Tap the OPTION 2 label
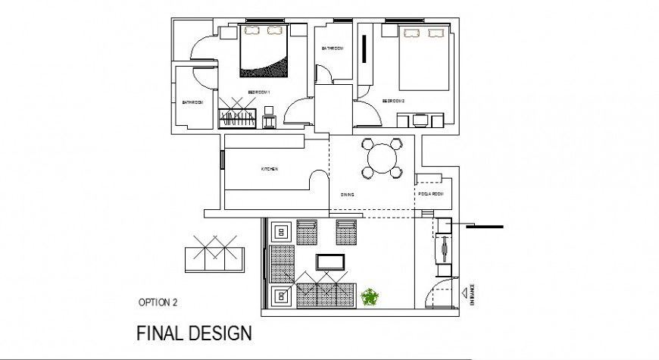coord(158,302)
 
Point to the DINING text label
coord(347,196)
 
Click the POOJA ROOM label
coord(430,195)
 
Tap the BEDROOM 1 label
coord(258,92)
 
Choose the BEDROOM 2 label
coord(393,101)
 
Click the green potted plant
coord(370,296)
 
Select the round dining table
coord(381,158)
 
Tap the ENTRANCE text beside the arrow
coord(471,293)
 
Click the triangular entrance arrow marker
coord(461,293)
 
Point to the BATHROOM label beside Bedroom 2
coord(332,49)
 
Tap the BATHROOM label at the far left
coord(192,102)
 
